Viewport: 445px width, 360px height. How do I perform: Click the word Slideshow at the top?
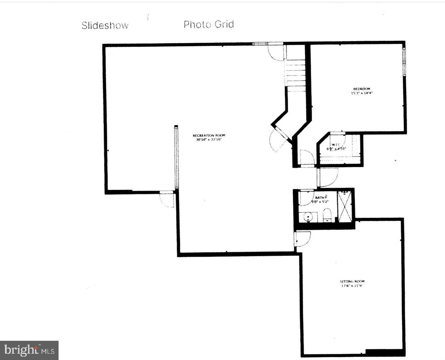pyautogui.click(x=105, y=26)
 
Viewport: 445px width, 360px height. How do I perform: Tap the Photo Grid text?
pyautogui.click(x=209, y=24)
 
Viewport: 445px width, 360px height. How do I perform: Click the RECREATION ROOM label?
pyautogui.click(x=209, y=135)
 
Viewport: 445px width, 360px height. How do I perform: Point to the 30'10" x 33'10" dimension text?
pyautogui.click(x=209, y=140)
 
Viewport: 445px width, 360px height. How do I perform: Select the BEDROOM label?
pyautogui.click(x=361, y=89)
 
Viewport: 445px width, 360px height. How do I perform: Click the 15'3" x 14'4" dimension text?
pyautogui.click(x=361, y=93)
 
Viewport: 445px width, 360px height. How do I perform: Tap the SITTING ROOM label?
pyautogui.click(x=350, y=281)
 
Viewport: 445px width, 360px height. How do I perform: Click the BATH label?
pyautogui.click(x=319, y=198)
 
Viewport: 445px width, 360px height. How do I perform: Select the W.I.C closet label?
pyautogui.click(x=335, y=145)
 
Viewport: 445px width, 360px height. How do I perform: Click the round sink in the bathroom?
pyautogui.click(x=309, y=217)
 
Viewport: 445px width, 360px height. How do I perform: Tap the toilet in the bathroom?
pyautogui.click(x=327, y=215)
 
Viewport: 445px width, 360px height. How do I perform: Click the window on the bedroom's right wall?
pyautogui.click(x=404, y=61)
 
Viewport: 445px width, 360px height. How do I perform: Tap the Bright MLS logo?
pyautogui.click(x=29, y=350)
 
